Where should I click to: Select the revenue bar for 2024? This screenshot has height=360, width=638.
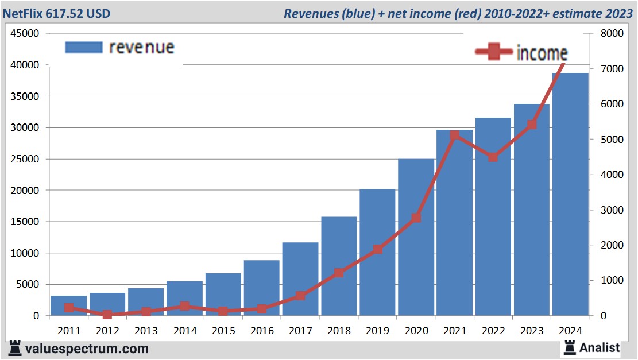pos(570,195)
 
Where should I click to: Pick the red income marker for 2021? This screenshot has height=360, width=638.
pos(455,136)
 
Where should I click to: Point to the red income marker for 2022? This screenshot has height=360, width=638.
pos(493,157)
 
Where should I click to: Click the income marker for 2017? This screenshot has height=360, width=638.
pos(300,296)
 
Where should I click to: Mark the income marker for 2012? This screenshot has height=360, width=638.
pos(107,315)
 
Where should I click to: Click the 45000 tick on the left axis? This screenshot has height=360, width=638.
pos(25,34)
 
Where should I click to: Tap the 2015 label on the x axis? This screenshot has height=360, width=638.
pos(223,331)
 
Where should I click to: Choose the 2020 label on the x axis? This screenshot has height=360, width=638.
pos(416,331)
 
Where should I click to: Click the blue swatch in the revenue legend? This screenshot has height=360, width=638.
pos(84,47)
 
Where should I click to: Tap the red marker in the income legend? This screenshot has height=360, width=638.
pos(493,52)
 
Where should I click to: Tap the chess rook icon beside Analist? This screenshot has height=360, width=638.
pos(570,347)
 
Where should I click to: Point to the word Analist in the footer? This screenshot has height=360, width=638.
pos(600,347)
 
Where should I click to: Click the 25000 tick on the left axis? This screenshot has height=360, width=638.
pos(25,159)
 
